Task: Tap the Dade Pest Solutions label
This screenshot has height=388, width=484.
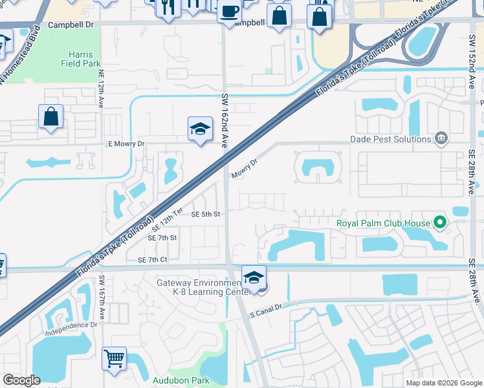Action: tap(390, 139)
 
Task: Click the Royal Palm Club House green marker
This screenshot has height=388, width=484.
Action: tap(441, 224)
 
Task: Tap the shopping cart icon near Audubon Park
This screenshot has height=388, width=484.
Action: tap(114, 358)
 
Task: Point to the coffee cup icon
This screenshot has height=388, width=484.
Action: tap(229, 11)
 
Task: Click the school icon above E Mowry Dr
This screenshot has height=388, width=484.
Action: tap(201, 129)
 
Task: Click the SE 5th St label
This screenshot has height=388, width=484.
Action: tap(206, 214)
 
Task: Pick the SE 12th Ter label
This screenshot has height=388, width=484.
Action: tap(168, 221)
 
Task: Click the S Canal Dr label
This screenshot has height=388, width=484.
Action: tap(267, 312)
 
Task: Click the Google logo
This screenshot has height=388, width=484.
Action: tap(22, 380)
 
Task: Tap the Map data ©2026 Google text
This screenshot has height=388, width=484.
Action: tap(444, 383)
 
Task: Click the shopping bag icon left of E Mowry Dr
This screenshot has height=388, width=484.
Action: tap(50, 117)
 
